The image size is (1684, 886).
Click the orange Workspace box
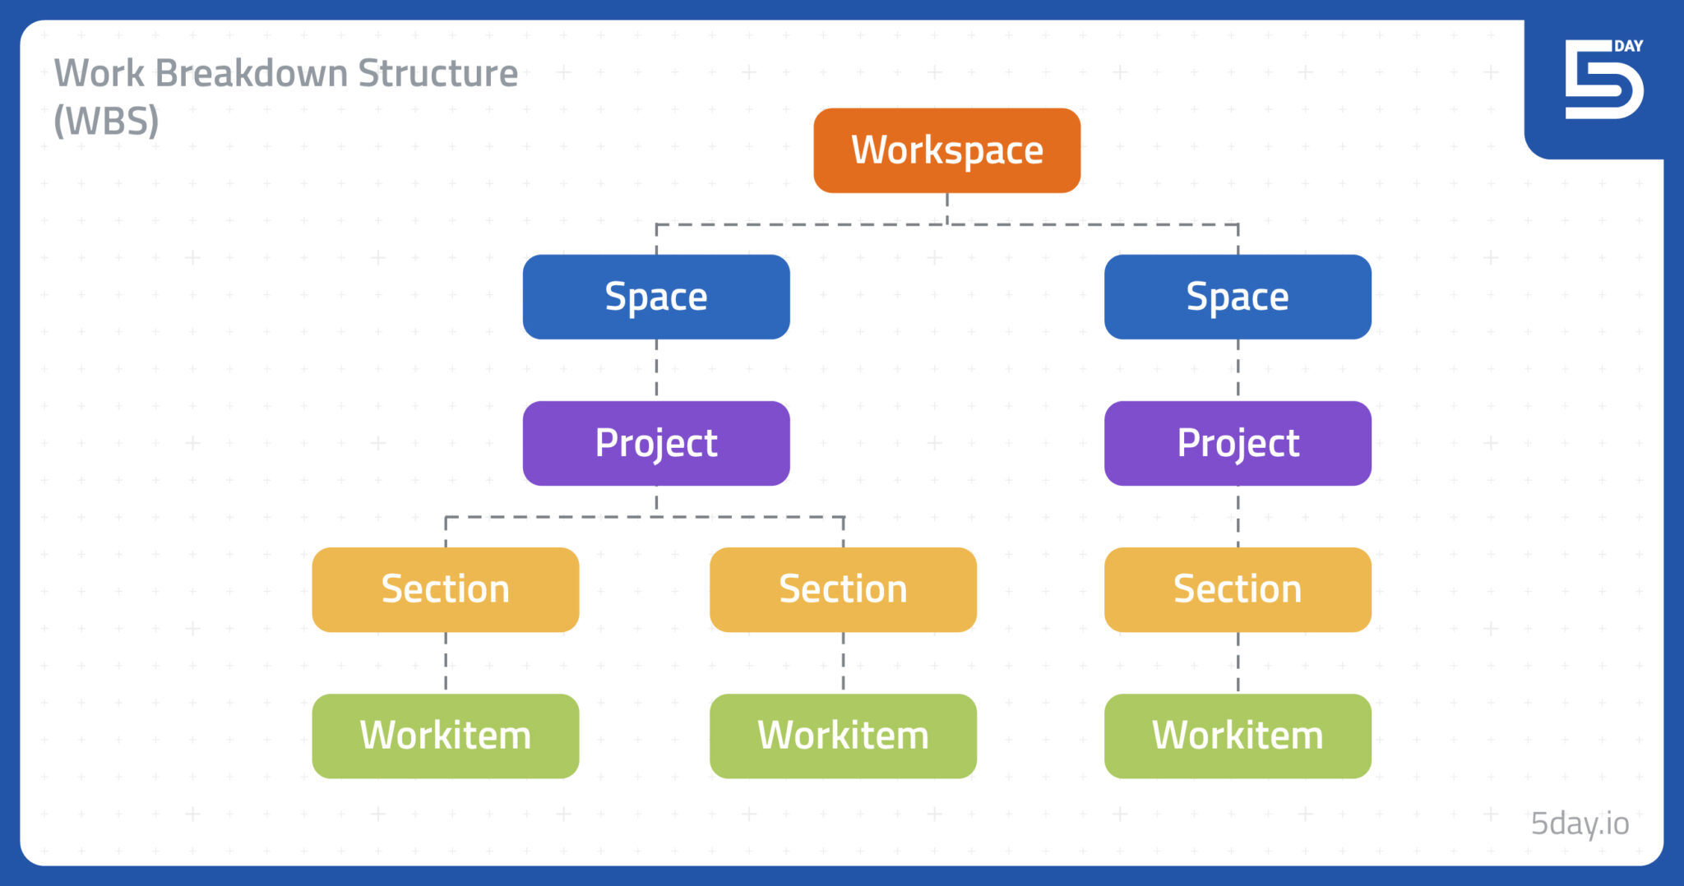tap(946, 150)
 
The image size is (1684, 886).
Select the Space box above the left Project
tap(656, 297)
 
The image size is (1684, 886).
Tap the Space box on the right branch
tap(1238, 297)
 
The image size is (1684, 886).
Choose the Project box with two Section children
tap(656, 443)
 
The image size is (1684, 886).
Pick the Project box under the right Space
tap(1238, 443)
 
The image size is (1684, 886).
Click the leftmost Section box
tap(445, 589)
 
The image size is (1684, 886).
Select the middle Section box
tap(843, 589)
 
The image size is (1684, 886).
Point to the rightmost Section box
tap(1238, 589)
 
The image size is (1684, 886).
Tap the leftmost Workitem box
tap(445, 736)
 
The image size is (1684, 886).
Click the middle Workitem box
tap(843, 736)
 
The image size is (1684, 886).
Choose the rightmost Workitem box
tap(1238, 736)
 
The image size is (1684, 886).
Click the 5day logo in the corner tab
tap(1603, 80)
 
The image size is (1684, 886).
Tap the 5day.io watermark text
tap(1579, 823)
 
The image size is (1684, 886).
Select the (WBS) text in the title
tap(106, 121)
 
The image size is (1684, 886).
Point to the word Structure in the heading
tap(437, 73)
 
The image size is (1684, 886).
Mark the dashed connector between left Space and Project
tap(656, 370)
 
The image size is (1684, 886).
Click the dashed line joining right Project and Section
tap(1238, 516)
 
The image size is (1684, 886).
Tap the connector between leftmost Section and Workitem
tap(446, 662)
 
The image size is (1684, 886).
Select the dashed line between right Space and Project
tap(1238, 370)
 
